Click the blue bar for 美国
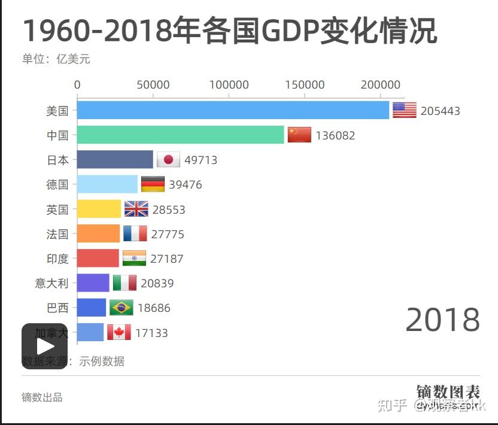(x=233, y=110)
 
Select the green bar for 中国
(x=181, y=135)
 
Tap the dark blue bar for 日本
(x=115, y=160)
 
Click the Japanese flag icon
(x=168, y=160)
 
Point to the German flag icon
(x=153, y=184)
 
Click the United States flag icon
(x=404, y=110)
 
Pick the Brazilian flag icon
(x=122, y=308)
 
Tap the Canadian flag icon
(x=119, y=332)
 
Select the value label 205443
(x=440, y=111)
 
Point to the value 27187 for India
(x=167, y=259)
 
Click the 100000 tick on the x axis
(x=229, y=85)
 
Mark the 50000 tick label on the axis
(x=153, y=85)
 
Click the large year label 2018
(x=442, y=319)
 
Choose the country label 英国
(x=57, y=210)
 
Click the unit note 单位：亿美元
(x=56, y=59)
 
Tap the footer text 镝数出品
(x=42, y=397)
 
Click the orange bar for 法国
(x=99, y=233)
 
